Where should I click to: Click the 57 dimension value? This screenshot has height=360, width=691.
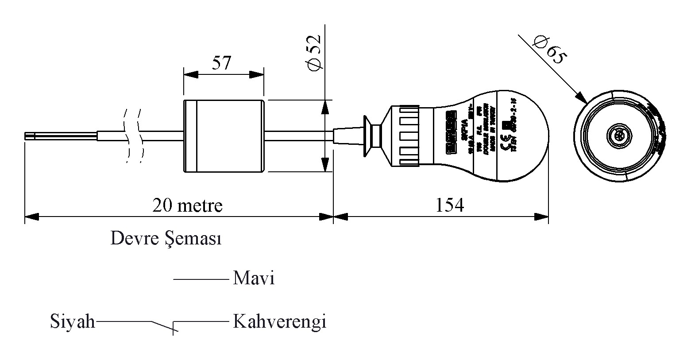(x=221, y=63)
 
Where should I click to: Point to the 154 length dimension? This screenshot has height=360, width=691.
(x=450, y=205)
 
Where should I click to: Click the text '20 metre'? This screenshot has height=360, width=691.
(x=187, y=205)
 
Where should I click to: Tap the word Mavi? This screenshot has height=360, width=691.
(x=254, y=279)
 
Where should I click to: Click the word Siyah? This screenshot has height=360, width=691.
(x=72, y=321)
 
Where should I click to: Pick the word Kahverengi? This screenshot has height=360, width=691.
(x=279, y=321)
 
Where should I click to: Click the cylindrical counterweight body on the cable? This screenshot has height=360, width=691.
(x=224, y=136)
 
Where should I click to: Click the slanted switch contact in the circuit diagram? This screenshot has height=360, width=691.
(x=162, y=326)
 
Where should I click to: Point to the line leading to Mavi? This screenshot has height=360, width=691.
(x=201, y=279)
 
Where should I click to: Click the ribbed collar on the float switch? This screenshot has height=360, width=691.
(x=406, y=136)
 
